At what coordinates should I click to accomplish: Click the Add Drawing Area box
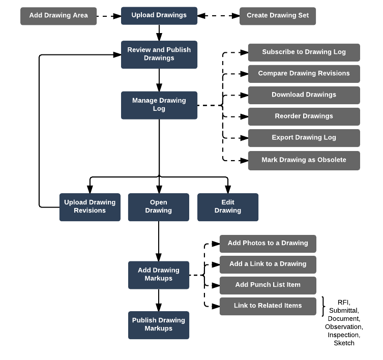click(58, 16)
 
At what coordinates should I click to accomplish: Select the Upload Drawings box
click(159, 16)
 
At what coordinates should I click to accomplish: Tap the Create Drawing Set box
click(278, 16)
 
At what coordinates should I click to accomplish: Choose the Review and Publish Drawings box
click(159, 54)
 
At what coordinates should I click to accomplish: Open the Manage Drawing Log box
click(159, 105)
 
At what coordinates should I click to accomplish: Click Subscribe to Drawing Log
click(304, 52)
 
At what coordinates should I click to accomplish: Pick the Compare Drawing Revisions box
click(304, 74)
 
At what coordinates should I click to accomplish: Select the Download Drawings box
click(304, 95)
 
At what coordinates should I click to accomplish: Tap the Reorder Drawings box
click(304, 116)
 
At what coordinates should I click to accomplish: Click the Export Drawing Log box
click(304, 138)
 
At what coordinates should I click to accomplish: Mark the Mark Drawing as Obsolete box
click(304, 160)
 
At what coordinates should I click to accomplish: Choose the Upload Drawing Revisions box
click(90, 207)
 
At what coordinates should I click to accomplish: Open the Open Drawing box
click(158, 207)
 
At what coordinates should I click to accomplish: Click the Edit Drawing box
click(228, 207)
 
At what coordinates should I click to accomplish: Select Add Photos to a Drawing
click(268, 244)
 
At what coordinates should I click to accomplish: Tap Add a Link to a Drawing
click(268, 264)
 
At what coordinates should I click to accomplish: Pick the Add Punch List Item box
click(268, 285)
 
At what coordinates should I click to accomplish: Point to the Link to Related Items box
click(268, 306)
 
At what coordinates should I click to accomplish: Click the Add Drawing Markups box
click(159, 275)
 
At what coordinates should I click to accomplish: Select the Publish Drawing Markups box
click(159, 325)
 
